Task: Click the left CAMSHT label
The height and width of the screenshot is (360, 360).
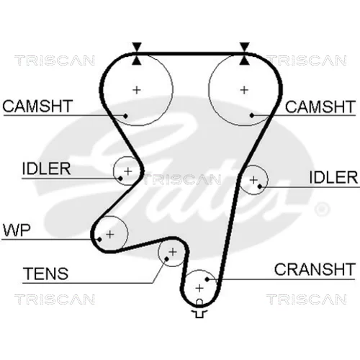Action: (x=37, y=106)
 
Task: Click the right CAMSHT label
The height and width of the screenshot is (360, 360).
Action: (x=320, y=107)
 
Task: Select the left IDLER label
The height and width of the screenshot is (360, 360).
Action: (x=46, y=168)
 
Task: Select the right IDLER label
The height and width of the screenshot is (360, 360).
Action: (x=333, y=177)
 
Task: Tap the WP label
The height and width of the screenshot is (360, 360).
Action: (x=17, y=230)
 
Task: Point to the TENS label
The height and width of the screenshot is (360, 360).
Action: (x=45, y=274)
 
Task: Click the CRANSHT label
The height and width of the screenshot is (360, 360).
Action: (x=315, y=269)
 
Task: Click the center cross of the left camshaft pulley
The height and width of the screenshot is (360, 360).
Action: (x=137, y=90)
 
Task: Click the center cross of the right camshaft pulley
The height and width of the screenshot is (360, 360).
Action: (x=244, y=90)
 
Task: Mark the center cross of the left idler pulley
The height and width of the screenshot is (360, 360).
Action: (x=128, y=171)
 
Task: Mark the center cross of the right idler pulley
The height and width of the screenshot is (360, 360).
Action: (x=253, y=180)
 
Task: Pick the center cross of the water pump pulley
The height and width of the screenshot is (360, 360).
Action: (x=110, y=234)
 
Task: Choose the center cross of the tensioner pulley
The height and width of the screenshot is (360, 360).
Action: (x=173, y=252)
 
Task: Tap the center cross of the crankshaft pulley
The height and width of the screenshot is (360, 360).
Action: (x=199, y=288)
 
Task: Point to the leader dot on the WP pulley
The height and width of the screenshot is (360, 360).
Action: (x=99, y=239)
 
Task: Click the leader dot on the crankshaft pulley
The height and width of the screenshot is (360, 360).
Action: (x=207, y=279)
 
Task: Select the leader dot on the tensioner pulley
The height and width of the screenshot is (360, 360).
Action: (x=166, y=258)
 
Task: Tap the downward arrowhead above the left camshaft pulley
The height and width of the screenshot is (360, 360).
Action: (x=137, y=47)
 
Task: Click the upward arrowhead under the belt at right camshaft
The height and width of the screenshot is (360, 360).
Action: (x=244, y=60)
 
